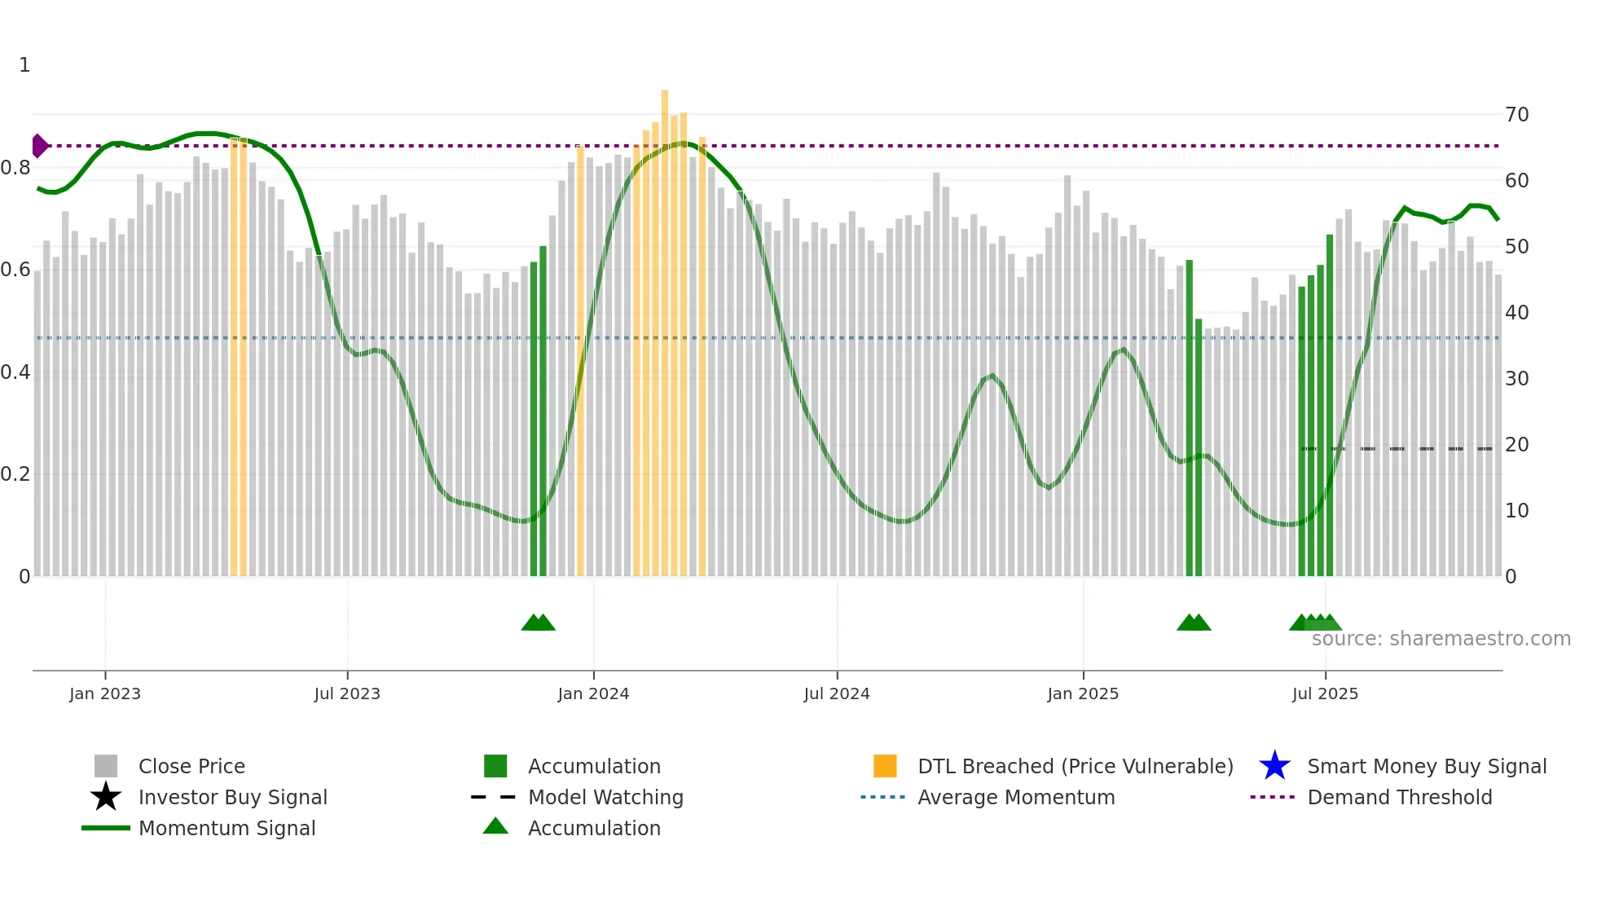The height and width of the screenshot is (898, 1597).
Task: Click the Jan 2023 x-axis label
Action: [x=104, y=693]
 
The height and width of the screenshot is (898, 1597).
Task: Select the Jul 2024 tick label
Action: [x=836, y=693]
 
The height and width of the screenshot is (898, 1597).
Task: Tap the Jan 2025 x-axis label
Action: [x=1082, y=693]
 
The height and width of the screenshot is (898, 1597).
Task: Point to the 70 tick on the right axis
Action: [x=1516, y=115]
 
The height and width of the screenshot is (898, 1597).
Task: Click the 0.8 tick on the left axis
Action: [x=15, y=168]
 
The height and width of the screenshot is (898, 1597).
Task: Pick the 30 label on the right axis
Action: [x=1516, y=379]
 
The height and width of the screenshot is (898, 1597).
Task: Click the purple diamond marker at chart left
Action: [x=39, y=146]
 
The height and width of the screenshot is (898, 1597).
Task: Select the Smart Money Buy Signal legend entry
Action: [x=1426, y=766]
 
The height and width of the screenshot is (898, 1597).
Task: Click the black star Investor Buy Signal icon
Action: [x=106, y=797]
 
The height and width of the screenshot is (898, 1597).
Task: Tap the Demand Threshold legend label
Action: [x=1399, y=797]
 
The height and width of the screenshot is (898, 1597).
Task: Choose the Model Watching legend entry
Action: [x=605, y=797]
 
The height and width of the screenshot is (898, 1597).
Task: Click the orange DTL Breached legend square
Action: [x=885, y=766]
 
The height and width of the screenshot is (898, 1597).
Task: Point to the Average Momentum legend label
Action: [x=1015, y=797]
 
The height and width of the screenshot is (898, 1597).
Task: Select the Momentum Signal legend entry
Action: [x=227, y=828]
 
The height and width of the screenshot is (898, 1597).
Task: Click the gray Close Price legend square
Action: [x=106, y=766]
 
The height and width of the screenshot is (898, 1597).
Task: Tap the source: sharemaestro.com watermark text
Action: [x=1441, y=639]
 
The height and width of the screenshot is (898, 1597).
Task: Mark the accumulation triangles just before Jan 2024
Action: [x=538, y=623]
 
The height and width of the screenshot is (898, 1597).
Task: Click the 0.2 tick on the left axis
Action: [x=15, y=474]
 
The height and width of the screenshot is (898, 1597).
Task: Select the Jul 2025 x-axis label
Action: [x=1325, y=693]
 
